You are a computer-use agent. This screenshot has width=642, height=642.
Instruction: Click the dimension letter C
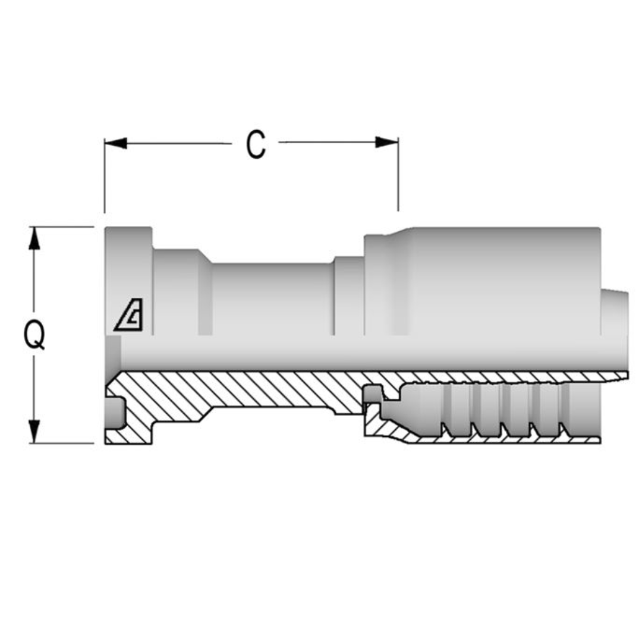[256, 144]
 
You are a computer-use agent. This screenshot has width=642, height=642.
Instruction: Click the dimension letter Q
[34, 336]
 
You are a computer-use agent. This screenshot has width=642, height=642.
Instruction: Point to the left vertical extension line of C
[105, 178]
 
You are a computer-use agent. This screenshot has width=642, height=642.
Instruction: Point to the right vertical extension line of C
[398, 178]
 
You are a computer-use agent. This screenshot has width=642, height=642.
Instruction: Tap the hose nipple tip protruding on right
[615, 321]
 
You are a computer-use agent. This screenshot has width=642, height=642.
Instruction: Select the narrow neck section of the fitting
[270, 297]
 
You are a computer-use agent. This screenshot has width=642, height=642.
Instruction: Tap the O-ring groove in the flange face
[115, 411]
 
